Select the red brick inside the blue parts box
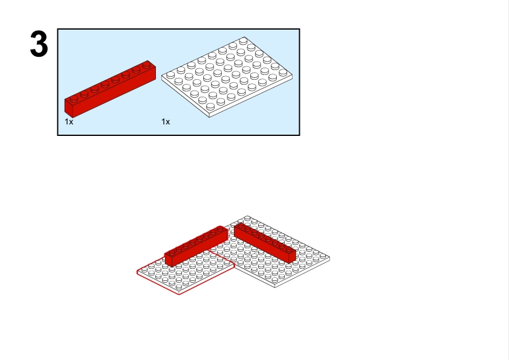click(110, 89)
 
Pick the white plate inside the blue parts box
click(227, 77)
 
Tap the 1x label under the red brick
click(69, 121)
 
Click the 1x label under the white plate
click(166, 121)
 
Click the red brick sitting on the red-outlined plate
click(196, 246)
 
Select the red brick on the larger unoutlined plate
click(265, 243)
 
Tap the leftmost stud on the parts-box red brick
click(74, 98)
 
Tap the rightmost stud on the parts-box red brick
click(146, 65)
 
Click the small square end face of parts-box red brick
click(69, 108)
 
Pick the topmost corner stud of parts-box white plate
click(243, 41)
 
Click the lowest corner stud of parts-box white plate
click(210, 106)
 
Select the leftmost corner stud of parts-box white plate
click(170, 76)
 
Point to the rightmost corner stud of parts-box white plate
click(283, 72)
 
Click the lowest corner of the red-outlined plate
click(179, 295)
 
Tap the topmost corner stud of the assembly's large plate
click(247, 218)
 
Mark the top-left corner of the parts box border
click(57, 29)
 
